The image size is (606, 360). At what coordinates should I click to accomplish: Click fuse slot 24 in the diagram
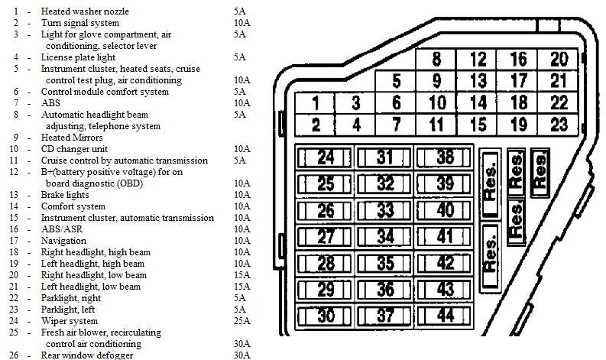coord(325,157)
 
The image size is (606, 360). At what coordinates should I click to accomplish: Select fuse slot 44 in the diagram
coord(444,316)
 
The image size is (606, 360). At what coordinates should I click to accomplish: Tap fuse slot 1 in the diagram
coord(315,103)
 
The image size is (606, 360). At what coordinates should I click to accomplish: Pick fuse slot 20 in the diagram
coord(558,59)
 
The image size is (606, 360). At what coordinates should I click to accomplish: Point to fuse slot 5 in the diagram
coord(396,81)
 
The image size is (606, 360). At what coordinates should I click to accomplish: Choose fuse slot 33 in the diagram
coord(384,211)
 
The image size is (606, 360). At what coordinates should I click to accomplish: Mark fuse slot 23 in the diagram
coord(558,125)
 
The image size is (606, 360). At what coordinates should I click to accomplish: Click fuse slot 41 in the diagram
coord(444,237)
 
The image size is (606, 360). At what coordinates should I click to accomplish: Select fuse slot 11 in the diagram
coord(436,125)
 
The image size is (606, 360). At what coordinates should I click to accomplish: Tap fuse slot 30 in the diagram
coord(325,316)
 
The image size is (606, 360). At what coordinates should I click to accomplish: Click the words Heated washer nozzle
coord(85,11)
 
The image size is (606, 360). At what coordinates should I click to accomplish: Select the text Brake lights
coord(65,195)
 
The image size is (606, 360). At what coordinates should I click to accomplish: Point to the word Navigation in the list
coord(63,241)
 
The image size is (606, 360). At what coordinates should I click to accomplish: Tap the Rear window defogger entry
coord(87,355)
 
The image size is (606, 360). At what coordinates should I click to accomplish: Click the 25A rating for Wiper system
coord(242,321)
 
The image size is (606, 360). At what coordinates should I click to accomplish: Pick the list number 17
coord(14,241)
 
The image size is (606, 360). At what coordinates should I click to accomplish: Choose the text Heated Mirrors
coord(72,138)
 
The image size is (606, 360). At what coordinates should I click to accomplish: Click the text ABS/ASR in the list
coord(62,229)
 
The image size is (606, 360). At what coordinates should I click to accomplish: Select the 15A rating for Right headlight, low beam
coord(242,275)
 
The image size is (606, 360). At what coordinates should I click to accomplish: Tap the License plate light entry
coord(78,57)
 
